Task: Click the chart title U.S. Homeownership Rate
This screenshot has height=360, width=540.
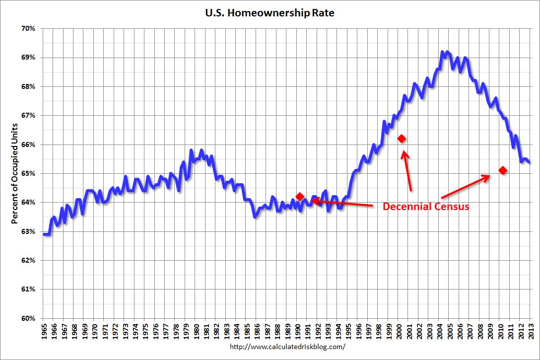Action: tap(270, 13)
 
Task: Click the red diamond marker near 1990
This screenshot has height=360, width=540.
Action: tap(299, 197)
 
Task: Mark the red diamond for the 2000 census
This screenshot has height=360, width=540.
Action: tap(402, 139)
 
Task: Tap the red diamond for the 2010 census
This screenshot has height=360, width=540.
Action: tap(503, 170)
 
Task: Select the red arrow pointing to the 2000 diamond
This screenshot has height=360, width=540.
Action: tap(407, 170)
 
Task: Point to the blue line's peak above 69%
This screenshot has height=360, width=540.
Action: tap(442, 52)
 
